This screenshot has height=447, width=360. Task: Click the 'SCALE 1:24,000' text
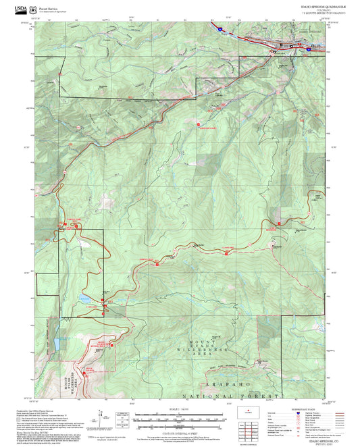coord(178,409)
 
